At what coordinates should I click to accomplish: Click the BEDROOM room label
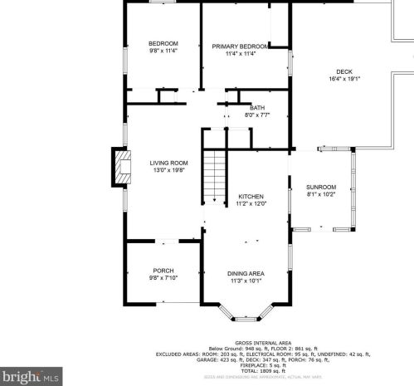(x=163, y=43)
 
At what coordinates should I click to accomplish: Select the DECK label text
(x=344, y=71)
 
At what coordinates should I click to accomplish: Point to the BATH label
(x=257, y=107)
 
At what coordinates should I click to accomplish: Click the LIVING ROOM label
(x=168, y=163)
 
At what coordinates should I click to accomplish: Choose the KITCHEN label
(x=251, y=196)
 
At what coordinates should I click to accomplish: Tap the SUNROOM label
(x=321, y=188)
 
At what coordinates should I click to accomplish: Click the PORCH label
(x=163, y=271)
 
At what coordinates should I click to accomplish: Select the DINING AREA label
(x=246, y=273)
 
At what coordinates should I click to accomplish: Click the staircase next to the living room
(x=215, y=177)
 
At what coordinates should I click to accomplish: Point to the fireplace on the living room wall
(x=121, y=167)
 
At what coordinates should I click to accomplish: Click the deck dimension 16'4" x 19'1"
(x=344, y=79)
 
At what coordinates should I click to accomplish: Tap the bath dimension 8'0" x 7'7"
(x=257, y=115)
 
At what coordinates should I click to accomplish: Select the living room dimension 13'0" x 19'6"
(x=168, y=170)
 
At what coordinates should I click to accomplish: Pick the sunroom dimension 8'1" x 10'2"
(x=321, y=195)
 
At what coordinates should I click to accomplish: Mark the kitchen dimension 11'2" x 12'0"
(x=251, y=203)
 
